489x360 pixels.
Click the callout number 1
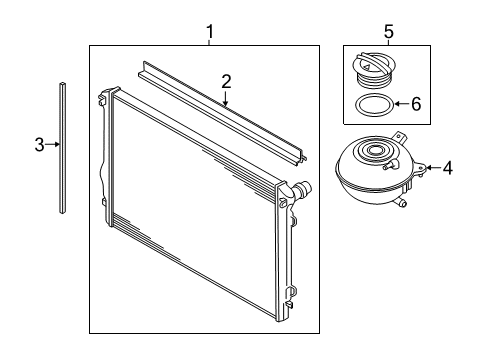(x=210, y=32)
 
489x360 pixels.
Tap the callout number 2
(x=226, y=82)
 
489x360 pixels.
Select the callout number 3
(x=40, y=145)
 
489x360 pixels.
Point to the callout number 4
(x=448, y=168)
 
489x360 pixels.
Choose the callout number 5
(x=389, y=32)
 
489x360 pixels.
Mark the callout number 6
(x=416, y=104)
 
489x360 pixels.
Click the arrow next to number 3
(x=53, y=144)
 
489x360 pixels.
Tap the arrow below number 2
(x=226, y=98)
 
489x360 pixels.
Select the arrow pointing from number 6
(x=402, y=104)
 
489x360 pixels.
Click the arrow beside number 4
(x=433, y=167)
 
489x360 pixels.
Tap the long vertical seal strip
(x=62, y=147)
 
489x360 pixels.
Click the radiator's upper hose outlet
(x=302, y=189)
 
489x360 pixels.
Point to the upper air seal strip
(x=223, y=113)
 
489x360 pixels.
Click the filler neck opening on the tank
(x=375, y=150)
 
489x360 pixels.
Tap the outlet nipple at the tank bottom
(x=401, y=202)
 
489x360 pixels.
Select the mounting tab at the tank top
(x=400, y=137)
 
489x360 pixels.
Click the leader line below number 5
(x=389, y=42)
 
